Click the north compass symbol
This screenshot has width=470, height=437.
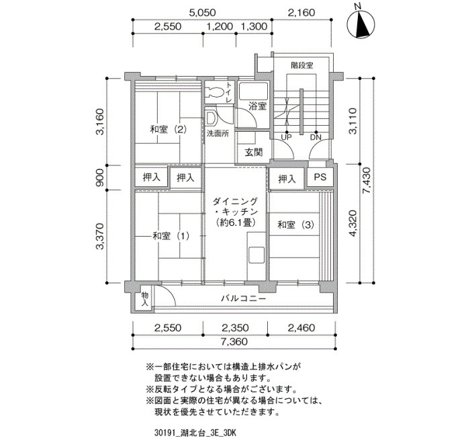click(x=361, y=24)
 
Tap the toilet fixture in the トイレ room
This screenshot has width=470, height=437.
click(x=216, y=91)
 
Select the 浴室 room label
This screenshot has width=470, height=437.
click(x=257, y=106)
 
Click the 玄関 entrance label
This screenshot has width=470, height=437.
click(x=254, y=153)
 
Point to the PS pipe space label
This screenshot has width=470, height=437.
click(x=320, y=177)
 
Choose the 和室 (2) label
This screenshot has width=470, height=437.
click(x=169, y=130)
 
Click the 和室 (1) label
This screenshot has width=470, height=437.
click(x=171, y=236)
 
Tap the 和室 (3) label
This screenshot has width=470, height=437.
click(x=295, y=225)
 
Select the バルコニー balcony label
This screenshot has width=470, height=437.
click(x=243, y=299)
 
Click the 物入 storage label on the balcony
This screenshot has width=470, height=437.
click(x=145, y=299)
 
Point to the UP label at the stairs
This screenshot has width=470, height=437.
click(x=286, y=137)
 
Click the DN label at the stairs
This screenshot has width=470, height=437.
click(x=316, y=137)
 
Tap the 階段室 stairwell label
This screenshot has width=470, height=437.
click(x=302, y=65)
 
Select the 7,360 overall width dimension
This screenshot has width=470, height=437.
click(x=235, y=342)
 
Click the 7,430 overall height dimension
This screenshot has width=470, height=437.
click(x=367, y=180)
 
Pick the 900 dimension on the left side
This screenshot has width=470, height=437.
click(x=100, y=177)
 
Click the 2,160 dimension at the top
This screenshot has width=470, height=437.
click(x=301, y=13)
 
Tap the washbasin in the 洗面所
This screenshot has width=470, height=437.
click(x=211, y=118)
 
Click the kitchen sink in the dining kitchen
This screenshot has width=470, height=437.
click(x=256, y=255)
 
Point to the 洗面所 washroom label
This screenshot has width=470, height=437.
click(x=218, y=133)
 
